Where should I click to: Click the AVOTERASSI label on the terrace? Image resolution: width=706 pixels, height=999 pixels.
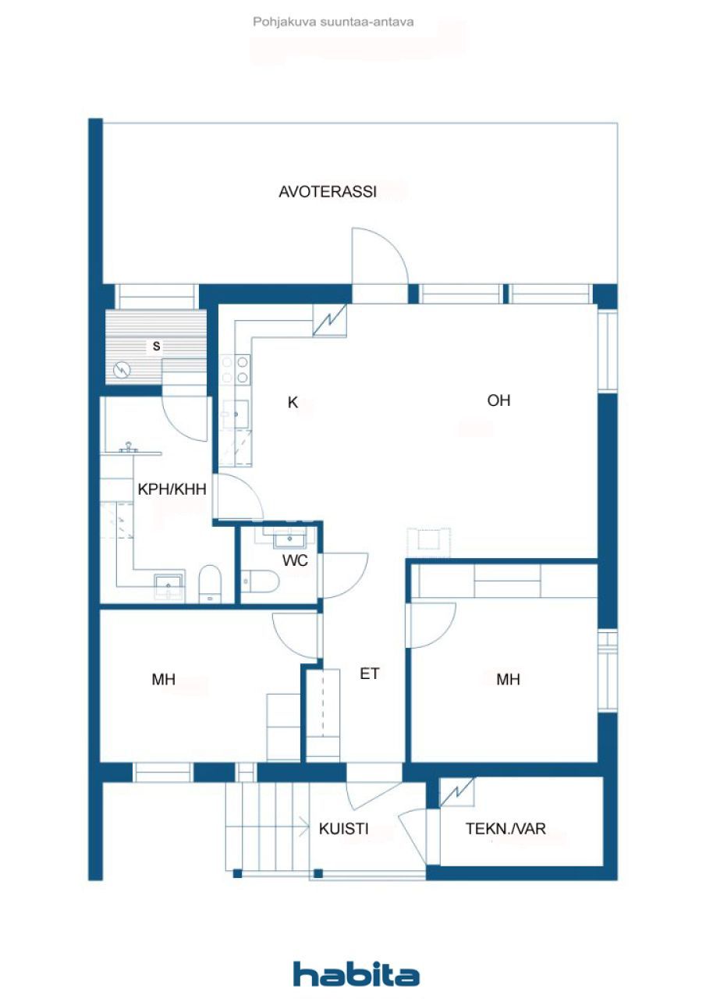click(x=328, y=192)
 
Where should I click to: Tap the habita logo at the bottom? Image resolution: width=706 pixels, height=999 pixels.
click(x=356, y=974)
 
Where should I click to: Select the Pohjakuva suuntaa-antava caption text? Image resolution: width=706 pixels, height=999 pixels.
click(x=333, y=22)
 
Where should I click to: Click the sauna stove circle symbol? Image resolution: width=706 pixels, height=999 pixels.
click(x=122, y=370)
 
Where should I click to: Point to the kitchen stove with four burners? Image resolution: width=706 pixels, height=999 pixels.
click(x=235, y=370)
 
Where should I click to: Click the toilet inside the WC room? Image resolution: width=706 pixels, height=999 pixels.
click(x=260, y=581)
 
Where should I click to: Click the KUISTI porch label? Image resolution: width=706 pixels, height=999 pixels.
click(x=343, y=829)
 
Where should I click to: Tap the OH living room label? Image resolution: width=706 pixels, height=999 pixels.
click(x=498, y=400)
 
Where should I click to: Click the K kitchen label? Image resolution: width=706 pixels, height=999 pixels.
click(x=293, y=403)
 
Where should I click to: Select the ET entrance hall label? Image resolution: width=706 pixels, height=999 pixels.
click(x=369, y=673)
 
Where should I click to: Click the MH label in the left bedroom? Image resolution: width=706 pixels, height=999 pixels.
click(x=163, y=680)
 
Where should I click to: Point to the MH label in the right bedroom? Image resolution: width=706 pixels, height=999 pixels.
click(x=508, y=680)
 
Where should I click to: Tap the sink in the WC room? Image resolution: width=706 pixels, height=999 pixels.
click(x=293, y=537)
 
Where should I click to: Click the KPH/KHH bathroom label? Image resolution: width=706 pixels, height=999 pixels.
click(x=172, y=490)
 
